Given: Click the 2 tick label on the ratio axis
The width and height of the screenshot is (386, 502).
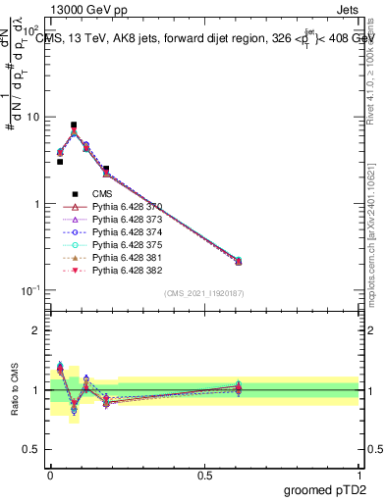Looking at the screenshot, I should point(37,330).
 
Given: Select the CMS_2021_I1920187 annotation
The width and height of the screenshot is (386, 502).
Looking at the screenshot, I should point(203,293).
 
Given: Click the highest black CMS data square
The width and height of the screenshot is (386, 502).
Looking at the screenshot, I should point(74,125).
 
